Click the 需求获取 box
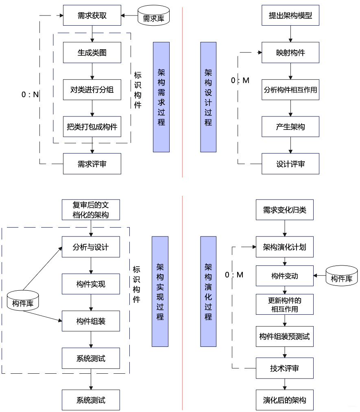92,16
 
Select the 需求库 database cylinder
153,16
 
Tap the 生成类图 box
92,53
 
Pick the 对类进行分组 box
92,90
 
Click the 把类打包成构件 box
92,127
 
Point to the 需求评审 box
92,164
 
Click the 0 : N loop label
30,94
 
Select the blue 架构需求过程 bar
161,97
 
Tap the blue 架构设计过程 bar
208,97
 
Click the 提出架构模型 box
290,16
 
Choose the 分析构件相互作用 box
290,90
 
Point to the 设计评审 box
290,164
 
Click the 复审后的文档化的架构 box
91,210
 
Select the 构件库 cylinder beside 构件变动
341,276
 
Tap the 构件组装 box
91,321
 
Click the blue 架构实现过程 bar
160,291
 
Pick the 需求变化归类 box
285,210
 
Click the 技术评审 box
285,368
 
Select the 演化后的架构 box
285,400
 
